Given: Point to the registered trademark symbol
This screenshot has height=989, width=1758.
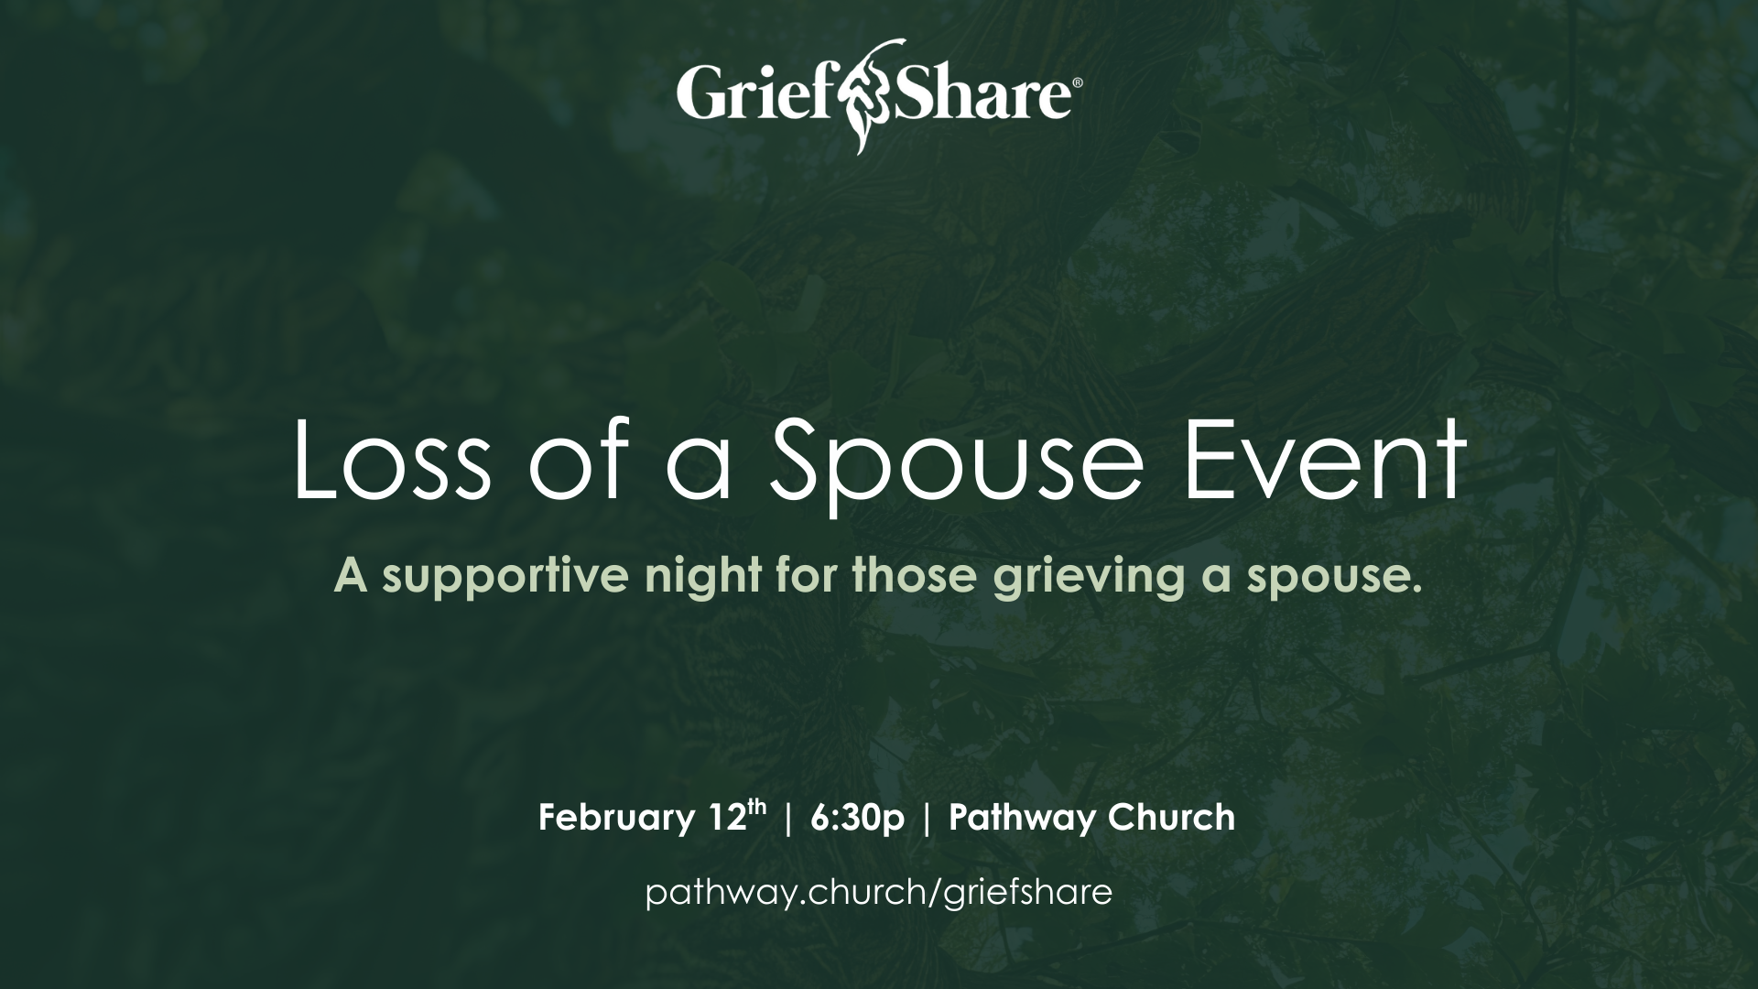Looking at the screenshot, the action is tap(1077, 83).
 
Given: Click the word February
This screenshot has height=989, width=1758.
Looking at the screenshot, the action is tap(613, 818).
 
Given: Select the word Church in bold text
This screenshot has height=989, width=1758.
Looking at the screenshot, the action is tap(1160, 816).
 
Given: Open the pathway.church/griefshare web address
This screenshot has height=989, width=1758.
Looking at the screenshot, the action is tap(879, 892).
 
